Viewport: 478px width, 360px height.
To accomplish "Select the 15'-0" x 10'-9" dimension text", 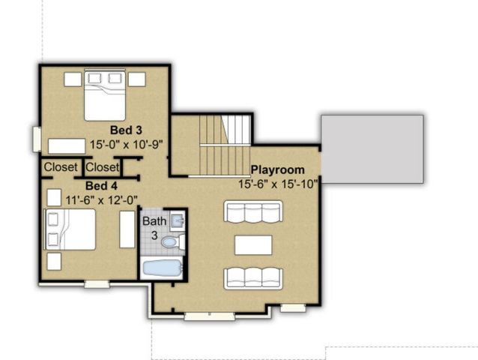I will (126, 142).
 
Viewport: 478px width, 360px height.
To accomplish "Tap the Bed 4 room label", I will (101, 185).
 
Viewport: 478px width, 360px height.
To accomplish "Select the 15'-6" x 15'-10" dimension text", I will (279, 183).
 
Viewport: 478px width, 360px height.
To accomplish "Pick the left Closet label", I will (60, 167).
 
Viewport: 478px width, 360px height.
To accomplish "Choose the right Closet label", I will (102, 167).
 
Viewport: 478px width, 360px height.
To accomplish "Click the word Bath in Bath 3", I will (155, 221).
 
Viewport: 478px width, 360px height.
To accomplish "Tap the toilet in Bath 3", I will (172, 241).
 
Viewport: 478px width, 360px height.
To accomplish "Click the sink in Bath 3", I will (177, 220).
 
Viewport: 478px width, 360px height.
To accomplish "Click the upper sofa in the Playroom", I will (252, 211).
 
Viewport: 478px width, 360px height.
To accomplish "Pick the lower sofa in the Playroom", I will (252, 277).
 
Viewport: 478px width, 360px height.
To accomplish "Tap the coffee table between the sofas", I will (252, 245).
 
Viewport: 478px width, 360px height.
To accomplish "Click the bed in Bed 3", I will (104, 95).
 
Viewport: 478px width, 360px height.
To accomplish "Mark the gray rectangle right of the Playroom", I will (372, 149).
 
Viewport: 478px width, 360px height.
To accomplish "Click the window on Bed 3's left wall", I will (37, 139).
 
